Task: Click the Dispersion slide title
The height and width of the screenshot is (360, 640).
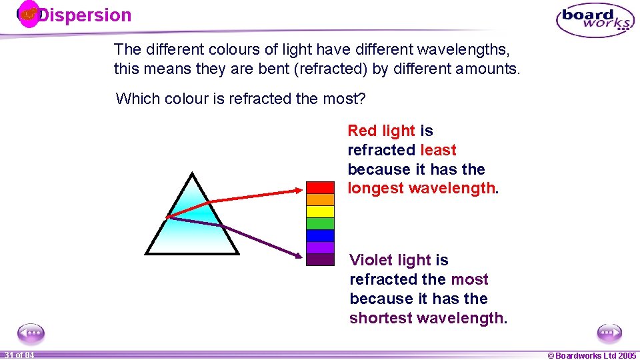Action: pyautogui.click(x=84, y=15)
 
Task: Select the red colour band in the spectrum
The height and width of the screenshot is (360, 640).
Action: pyautogui.click(x=320, y=187)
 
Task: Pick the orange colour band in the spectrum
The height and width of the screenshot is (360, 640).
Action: pyautogui.click(x=320, y=199)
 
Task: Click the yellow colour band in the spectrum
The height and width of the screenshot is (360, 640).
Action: pyautogui.click(x=320, y=211)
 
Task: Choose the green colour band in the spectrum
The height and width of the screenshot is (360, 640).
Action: pyautogui.click(x=320, y=223)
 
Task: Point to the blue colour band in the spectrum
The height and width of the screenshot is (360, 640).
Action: pyautogui.click(x=320, y=235)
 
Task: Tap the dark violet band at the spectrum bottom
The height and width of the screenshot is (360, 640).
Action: pyautogui.click(x=320, y=259)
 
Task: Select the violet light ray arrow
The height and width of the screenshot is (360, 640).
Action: pyautogui.click(x=233, y=233)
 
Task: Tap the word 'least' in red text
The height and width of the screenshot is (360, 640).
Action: pyautogui.click(x=438, y=150)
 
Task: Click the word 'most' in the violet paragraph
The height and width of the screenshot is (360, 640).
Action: pyautogui.click(x=469, y=279)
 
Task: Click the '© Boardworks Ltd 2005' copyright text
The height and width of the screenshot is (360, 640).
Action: pyautogui.click(x=591, y=355)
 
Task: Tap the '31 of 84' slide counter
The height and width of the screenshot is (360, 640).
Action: pyautogui.click(x=18, y=355)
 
